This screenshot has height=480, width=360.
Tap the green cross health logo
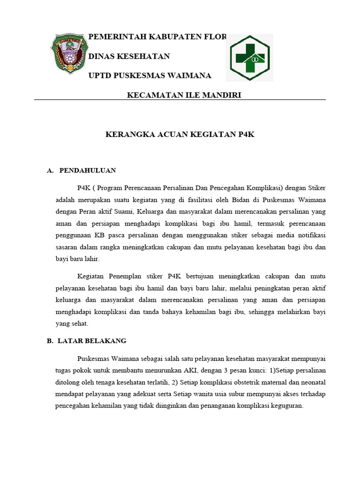pyautogui.click(x=249, y=57)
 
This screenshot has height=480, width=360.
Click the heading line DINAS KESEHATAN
pyautogui.click(x=129, y=56)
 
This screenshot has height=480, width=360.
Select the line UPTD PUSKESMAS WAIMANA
pyautogui.click(x=150, y=75)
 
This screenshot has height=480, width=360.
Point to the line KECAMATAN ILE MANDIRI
pyautogui.click(x=184, y=95)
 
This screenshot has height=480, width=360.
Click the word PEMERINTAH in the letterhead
pyautogui.click(x=112, y=37)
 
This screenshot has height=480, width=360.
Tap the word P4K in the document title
pyautogui.click(x=246, y=134)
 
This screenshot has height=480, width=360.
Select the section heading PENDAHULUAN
pyautogui.click(x=88, y=170)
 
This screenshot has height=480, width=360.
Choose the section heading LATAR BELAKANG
pyautogui.click(x=92, y=341)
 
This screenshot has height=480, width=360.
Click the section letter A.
pyautogui.click(x=50, y=170)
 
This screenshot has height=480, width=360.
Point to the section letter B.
pyautogui.click(x=50, y=341)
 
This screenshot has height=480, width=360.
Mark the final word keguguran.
pyautogui.click(x=287, y=406)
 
